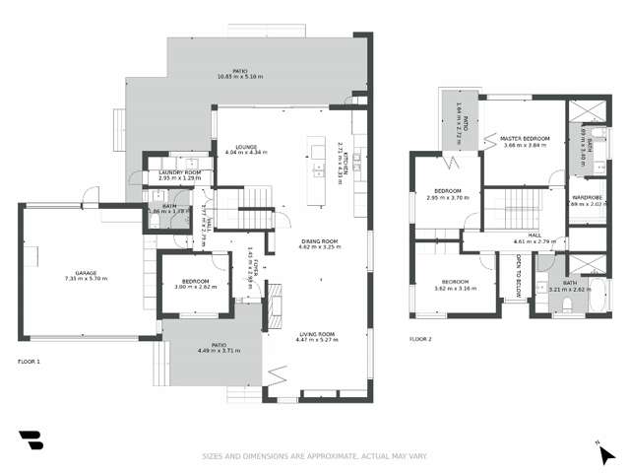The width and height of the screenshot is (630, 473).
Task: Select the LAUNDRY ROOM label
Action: pyautogui.click(x=179, y=171)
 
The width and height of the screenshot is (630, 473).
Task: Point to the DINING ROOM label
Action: pyautogui.click(x=320, y=240)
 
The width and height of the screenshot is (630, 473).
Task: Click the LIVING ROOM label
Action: pyautogui.click(x=318, y=334)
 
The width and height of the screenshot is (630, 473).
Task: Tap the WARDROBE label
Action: pyautogui.click(x=588, y=198)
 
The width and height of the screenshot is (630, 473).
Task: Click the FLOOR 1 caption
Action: pyautogui.click(x=30, y=362)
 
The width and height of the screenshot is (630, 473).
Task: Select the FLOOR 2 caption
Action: pyautogui.click(x=421, y=339)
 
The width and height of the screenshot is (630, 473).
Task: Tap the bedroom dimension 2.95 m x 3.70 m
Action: pyautogui.click(x=448, y=197)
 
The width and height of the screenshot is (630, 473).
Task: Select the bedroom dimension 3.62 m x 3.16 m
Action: pyautogui.click(x=454, y=289)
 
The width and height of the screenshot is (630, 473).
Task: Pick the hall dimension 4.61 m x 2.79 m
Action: pyautogui.click(x=535, y=241)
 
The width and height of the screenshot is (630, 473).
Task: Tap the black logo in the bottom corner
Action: pyautogui.click(x=31, y=439)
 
